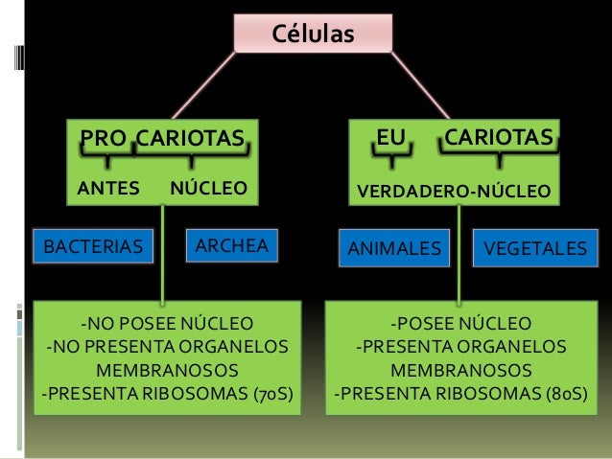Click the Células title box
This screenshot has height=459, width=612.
click(x=313, y=34)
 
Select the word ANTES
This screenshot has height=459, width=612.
click(x=107, y=187)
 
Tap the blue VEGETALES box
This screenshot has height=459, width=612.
click(x=534, y=249)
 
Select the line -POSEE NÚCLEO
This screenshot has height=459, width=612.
click(x=459, y=322)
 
